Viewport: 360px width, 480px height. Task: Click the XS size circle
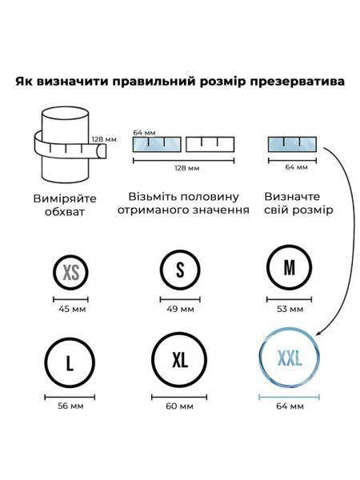coord(54,272)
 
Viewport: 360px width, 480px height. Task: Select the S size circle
coord(161,270)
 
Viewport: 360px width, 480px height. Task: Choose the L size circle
coord(46,362)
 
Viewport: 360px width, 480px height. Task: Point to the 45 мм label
coord(72,309)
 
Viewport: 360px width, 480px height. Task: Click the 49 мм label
coord(180,309)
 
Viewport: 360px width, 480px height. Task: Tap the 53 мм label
coord(290,309)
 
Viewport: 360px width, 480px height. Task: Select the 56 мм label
coord(70,406)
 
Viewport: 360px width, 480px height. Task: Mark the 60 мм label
coord(179,406)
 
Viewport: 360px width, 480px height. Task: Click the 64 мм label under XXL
coord(290,406)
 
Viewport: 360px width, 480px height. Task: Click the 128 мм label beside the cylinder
coord(104,139)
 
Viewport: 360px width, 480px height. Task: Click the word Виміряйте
coord(65,198)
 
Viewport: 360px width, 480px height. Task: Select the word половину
coord(209,197)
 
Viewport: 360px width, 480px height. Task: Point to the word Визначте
coord(292,196)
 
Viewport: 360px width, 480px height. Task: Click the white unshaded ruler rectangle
coord(210,145)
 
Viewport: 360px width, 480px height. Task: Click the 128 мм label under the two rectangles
coord(186,168)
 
